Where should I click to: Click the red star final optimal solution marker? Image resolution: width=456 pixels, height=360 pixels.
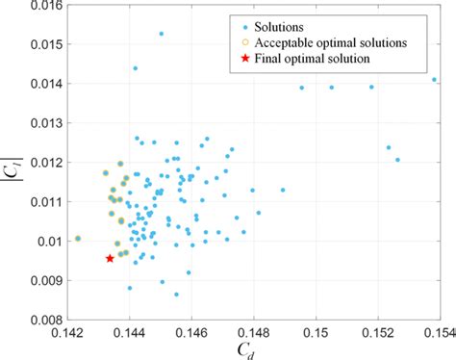pos(110,258)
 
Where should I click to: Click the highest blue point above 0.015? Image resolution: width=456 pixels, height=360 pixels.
pos(161,34)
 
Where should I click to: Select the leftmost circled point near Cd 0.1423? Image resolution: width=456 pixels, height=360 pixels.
pos(78,238)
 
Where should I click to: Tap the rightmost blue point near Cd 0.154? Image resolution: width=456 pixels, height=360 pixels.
pos(434,80)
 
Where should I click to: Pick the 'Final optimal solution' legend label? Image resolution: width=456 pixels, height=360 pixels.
pos(317,59)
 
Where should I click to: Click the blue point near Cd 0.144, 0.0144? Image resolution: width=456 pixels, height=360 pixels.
pos(135,68)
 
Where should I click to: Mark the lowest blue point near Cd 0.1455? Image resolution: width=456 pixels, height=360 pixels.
pos(176,293)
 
